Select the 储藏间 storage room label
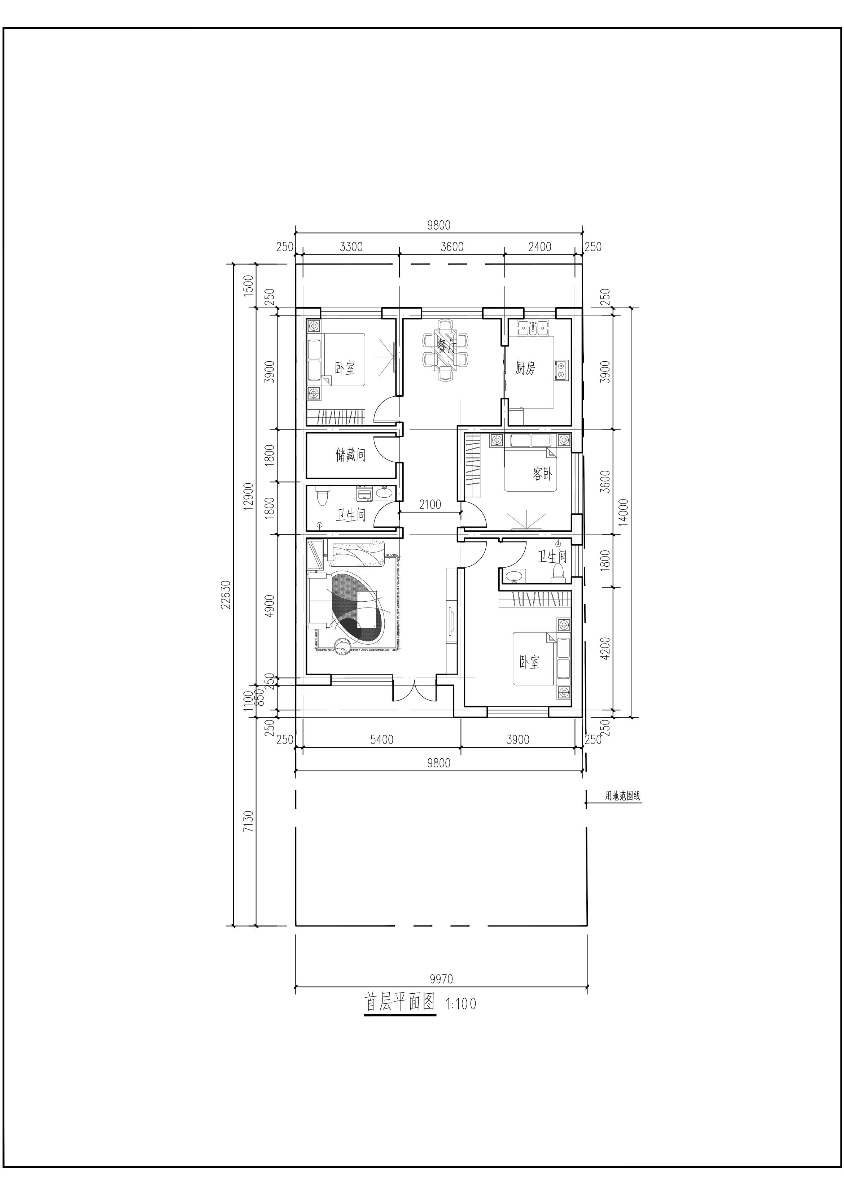[x=350, y=455]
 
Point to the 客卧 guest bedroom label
[x=542, y=473]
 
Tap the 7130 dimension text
[x=248, y=821]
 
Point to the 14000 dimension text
[x=624, y=512]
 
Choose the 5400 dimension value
[x=382, y=740]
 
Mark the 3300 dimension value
[x=351, y=247]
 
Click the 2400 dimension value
[x=540, y=247]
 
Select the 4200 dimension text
[x=605, y=649]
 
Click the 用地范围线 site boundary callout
[x=622, y=796]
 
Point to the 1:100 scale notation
[x=461, y=1004]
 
